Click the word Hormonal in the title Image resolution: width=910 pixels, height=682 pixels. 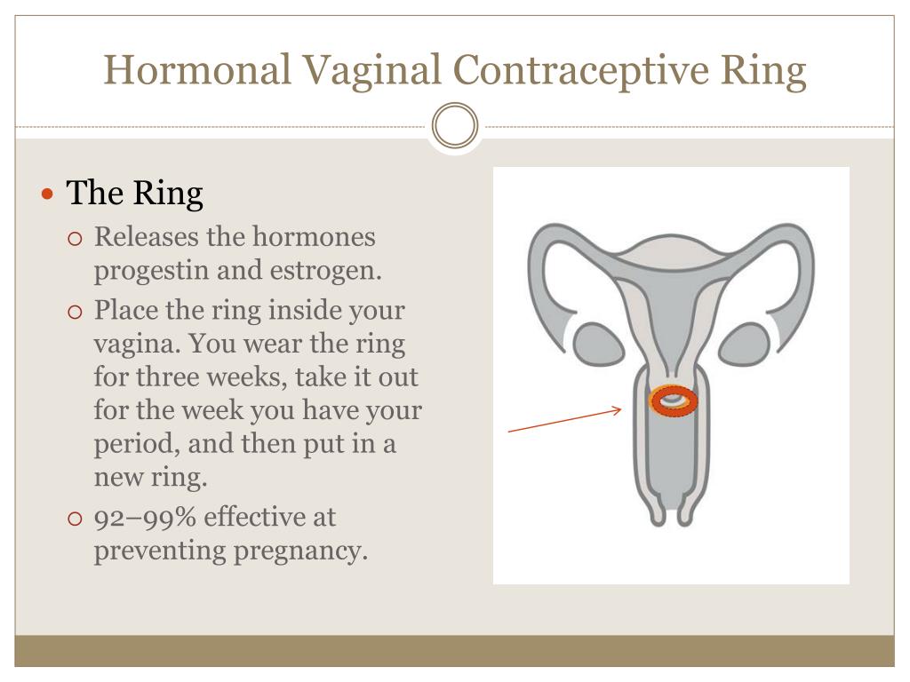pyautogui.click(x=197, y=69)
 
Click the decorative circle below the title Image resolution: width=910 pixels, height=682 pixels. pyautogui.click(x=455, y=125)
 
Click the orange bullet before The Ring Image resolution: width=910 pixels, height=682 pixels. pyautogui.click(x=48, y=194)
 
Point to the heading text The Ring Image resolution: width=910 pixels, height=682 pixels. pyautogui.click(x=134, y=193)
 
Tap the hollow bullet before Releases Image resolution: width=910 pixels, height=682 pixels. pyautogui.click(x=75, y=238)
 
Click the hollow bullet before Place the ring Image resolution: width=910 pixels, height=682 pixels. pyautogui.click(x=75, y=312)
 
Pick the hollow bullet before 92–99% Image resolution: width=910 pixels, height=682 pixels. pyautogui.click(x=75, y=519)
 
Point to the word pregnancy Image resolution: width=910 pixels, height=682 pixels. pyautogui.click(x=300, y=551)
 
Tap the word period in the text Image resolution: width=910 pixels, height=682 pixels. pyautogui.click(x=136, y=445)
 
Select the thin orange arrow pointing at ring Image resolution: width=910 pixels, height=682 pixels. pyautogui.click(x=564, y=420)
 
